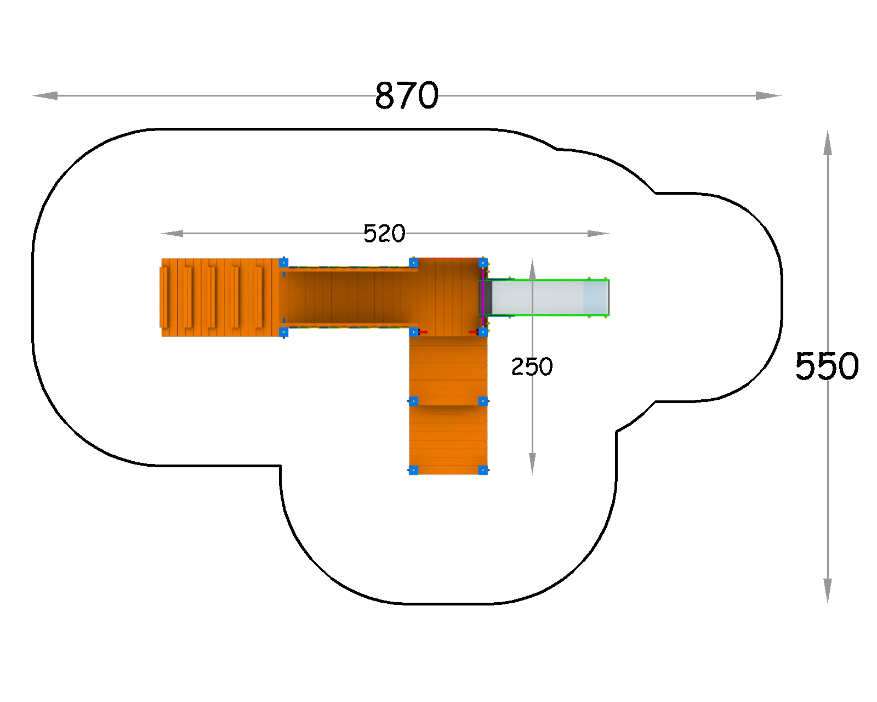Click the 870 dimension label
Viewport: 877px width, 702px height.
[406, 95]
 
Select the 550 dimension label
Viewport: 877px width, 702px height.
[827, 366]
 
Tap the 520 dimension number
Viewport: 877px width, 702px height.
[384, 234]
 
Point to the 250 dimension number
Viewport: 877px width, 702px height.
[532, 367]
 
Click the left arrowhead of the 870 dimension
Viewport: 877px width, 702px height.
[45, 96]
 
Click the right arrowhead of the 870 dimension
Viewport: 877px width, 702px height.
[768, 96]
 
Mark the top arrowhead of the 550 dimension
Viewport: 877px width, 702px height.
[827, 143]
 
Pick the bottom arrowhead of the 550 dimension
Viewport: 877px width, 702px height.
[827, 591]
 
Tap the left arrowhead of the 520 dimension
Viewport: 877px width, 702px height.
[172, 233]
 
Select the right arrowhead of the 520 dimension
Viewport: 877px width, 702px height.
[598, 233]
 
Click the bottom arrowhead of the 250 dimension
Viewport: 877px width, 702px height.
[532, 464]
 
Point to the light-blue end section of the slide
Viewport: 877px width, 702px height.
[596, 297]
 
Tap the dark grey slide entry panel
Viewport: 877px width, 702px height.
[488, 297]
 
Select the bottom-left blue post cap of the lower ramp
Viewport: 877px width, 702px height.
[413, 471]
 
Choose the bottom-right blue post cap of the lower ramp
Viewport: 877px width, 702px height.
[483, 471]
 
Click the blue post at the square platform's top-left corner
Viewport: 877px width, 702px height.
[414, 263]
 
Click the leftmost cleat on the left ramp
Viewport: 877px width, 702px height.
[164, 297]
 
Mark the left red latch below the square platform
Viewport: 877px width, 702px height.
[423, 332]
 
